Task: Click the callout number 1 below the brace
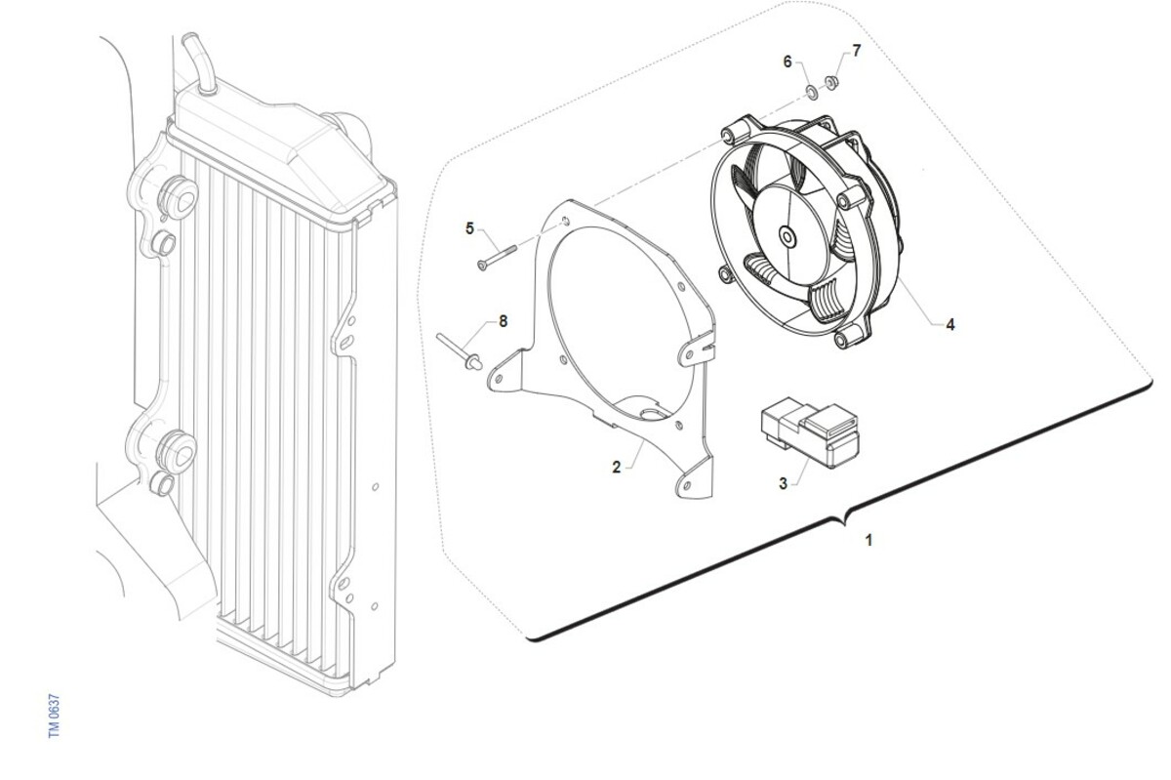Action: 868,540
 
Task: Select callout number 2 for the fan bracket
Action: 617,468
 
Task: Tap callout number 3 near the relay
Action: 783,483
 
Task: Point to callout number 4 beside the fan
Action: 950,325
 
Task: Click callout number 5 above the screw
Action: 469,228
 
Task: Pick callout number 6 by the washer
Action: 787,62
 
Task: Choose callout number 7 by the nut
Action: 857,51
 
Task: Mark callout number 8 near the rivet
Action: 503,321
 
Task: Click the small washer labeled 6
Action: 812,93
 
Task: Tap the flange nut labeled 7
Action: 831,82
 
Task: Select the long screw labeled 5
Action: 497,258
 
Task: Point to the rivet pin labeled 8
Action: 460,351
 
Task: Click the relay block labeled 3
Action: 810,431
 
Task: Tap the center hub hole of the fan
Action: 787,237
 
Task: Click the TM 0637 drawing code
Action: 55,717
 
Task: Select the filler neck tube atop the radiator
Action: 199,63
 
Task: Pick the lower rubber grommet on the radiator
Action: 177,453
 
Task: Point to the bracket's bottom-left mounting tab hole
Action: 500,378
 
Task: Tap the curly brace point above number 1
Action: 843,523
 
